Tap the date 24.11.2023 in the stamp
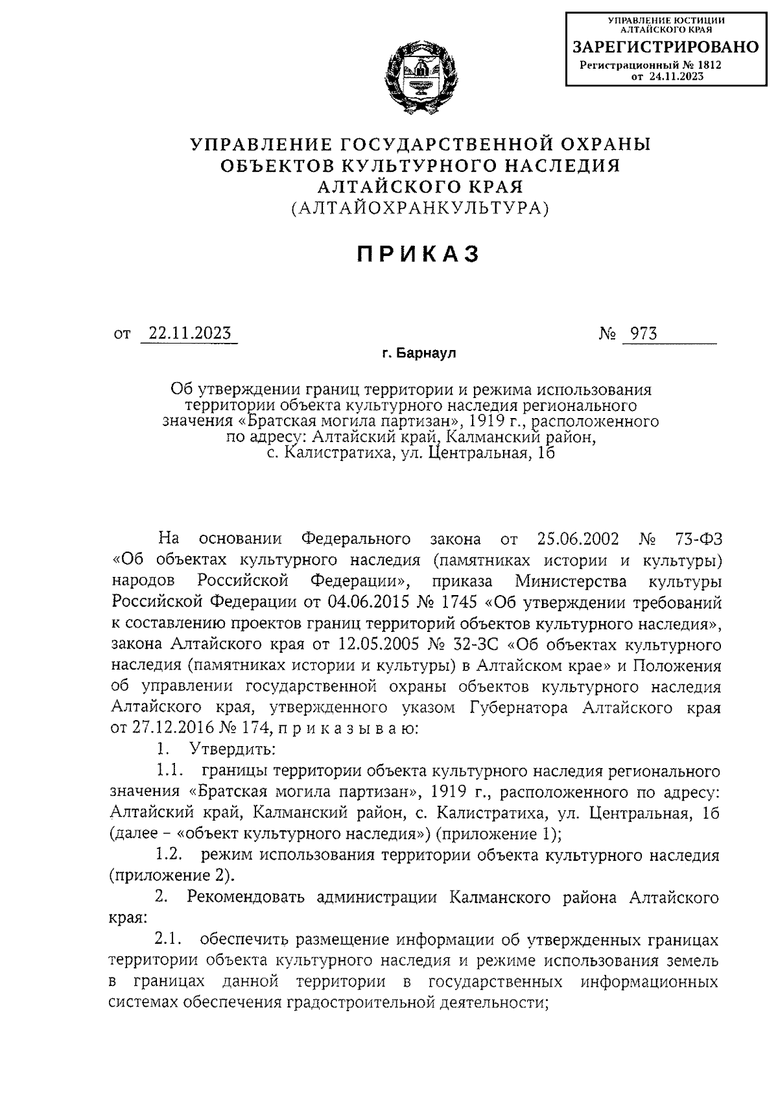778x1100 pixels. (680, 76)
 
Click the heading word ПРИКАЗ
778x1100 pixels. (419, 254)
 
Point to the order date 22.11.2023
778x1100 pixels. (189, 333)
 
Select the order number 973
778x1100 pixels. (639, 333)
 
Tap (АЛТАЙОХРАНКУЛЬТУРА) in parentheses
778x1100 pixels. (419, 207)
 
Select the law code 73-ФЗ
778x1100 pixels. (697, 539)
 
